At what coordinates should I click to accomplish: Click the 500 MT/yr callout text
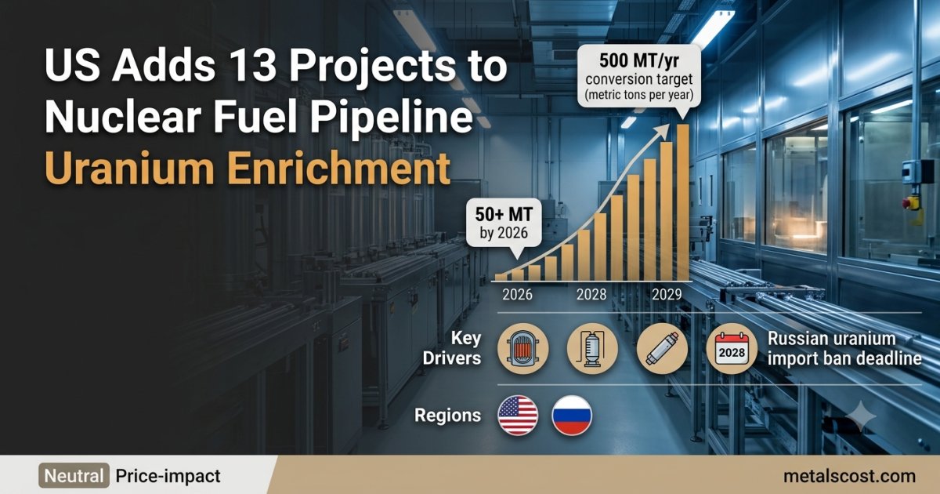point(638,61)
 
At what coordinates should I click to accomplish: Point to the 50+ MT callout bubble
point(504,223)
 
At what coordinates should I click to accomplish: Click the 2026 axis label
point(517,295)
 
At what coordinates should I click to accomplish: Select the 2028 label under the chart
point(591,295)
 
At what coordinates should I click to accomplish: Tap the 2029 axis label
point(667,295)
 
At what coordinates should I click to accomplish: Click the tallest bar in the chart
point(683,202)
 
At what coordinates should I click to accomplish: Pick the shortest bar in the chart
point(501,278)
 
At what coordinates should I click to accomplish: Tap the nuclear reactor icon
point(523,349)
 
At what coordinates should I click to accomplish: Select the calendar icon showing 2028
point(732,349)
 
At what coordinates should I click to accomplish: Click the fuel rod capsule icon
point(662,349)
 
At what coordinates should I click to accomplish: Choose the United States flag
point(518,415)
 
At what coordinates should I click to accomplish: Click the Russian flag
point(572,415)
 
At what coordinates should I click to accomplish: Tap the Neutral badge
point(74,476)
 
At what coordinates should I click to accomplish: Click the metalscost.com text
point(849,476)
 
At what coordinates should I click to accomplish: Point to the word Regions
point(447,415)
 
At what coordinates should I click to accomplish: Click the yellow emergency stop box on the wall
point(911,203)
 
